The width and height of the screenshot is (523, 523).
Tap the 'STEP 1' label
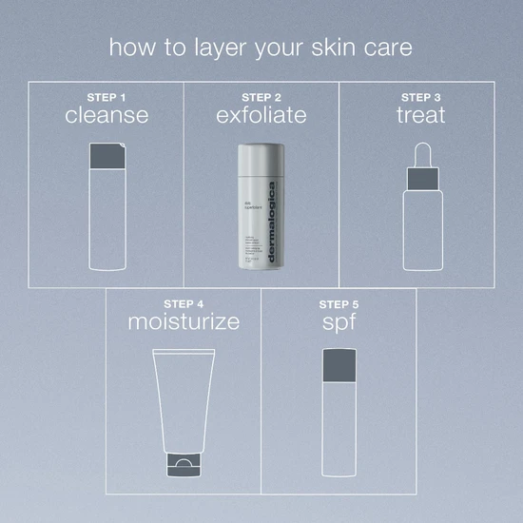click(x=107, y=96)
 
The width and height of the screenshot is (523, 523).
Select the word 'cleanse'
click(x=107, y=116)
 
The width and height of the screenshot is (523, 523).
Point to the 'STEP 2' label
click(x=261, y=96)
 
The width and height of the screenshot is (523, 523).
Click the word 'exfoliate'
click(x=261, y=116)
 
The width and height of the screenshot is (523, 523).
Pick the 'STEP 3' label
click(x=418, y=96)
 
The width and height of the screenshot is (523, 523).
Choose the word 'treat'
click(x=418, y=116)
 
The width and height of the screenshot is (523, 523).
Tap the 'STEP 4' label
click(x=184, y=302)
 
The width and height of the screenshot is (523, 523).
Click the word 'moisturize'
click(x=184, y=322)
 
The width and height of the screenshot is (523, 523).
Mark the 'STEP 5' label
click(x=339, y=302)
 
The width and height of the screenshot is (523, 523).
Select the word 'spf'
click(x=339, y=322)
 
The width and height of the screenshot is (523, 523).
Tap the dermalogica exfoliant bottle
click(x=261, y=214)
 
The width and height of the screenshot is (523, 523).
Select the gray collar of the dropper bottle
click(x=418, y=177)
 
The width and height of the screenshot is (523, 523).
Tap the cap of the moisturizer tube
click(x=184, y=465)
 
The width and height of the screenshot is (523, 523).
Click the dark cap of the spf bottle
click(x=339, y=361)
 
